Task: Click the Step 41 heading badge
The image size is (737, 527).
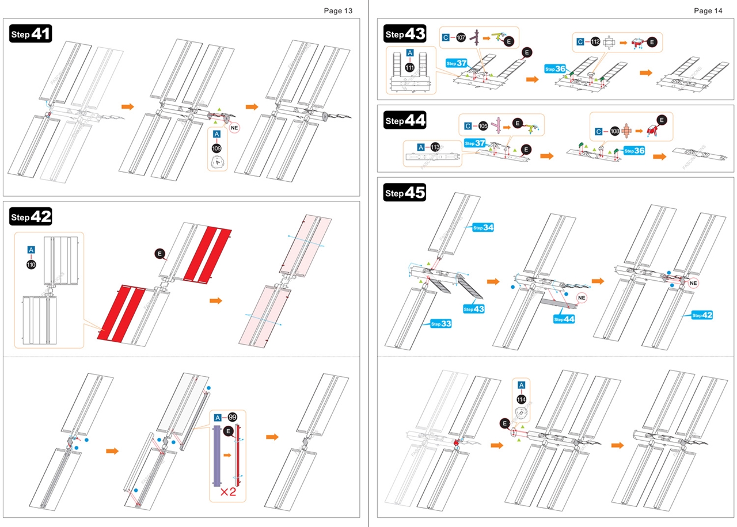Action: click(x=31, y=34)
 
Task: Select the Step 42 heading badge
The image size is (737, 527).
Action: click(x=31, y=217)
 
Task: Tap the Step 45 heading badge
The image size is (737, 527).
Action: click(x=405, y=193)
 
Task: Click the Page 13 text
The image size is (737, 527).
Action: click(x=338, y=10)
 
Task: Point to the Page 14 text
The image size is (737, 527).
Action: click(x=708, y=10)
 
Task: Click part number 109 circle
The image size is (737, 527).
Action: click(x=217, y=148)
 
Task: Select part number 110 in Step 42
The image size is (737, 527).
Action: click(x=31, y=265)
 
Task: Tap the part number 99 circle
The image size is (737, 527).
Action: click(x=233, y=417)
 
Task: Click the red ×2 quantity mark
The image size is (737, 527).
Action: click(x=228, y=492)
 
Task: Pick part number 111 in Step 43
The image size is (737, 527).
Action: click(x=409, y=67)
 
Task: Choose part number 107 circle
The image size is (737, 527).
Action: click(x=461, y=37)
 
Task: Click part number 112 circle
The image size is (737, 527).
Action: click(x=595, y=41)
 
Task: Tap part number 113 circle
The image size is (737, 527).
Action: click(x=435, y=147)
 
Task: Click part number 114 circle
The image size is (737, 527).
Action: click(x=522, y=399)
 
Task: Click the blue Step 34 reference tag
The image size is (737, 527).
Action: click(x=483, y=228)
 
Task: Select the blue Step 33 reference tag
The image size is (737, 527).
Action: click(x=441, y=324)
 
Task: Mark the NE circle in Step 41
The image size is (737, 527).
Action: click(x=235, y=128)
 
